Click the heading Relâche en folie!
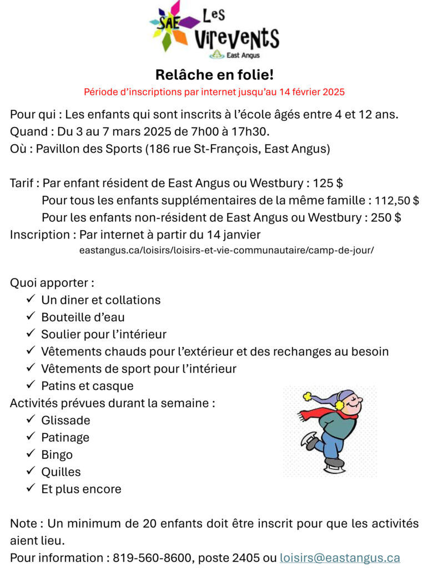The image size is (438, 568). click(x=215, y=74)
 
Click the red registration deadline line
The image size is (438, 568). click(x=214, y=91)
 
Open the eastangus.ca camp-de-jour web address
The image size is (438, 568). click(x=226, y=250)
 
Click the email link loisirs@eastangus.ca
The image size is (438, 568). click(x=340, y=557)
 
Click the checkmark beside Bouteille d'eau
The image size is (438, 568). click(x=31, y=317)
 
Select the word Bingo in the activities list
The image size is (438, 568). click(x=57, y=455)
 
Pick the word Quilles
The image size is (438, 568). click(x=61, y=472)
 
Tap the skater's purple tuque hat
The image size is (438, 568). click(x=344, y=395)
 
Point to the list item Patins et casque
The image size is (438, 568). click(x=87, y=386)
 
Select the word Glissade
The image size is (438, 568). click(x=66, y=420)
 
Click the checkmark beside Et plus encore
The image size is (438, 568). click(x=31, y=489)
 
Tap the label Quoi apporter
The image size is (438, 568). click(x=52, y=283)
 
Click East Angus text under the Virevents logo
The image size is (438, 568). click(x=243, y=55)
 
